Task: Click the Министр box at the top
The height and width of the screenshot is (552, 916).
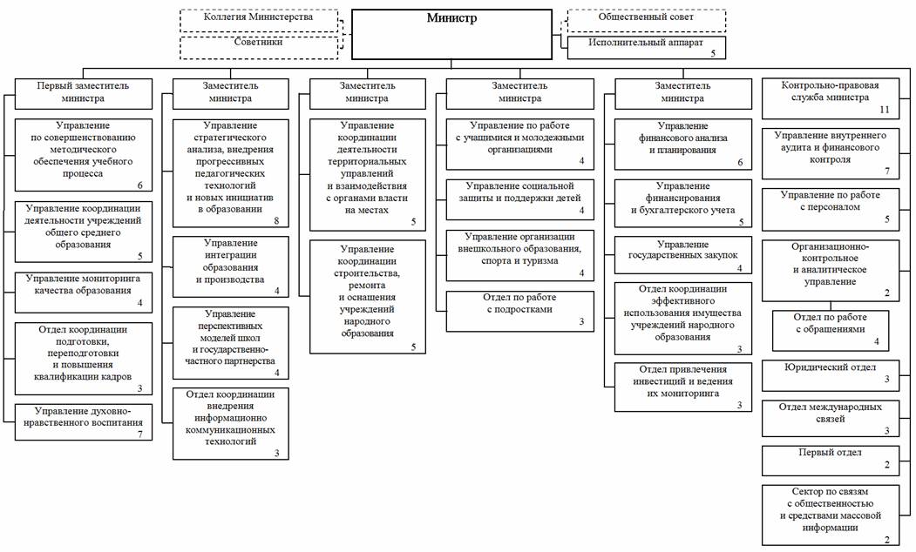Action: pos(451,34)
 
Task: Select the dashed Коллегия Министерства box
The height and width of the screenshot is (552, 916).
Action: pos(259,20)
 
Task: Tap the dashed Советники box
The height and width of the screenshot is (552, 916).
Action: pos(259,48)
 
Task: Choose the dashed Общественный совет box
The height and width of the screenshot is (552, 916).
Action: pos(646,20)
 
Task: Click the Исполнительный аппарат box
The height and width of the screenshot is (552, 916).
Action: pos(646,48)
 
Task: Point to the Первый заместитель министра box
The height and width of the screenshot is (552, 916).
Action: pos(83,93)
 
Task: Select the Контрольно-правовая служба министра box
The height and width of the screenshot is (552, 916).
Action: pos(830,98)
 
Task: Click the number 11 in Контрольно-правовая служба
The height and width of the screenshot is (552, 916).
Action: pos(885,110)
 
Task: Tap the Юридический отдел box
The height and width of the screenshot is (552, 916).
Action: pos(830,375)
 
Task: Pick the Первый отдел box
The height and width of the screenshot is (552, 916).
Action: pos(830,461)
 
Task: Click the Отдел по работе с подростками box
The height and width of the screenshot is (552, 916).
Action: pos(520,311)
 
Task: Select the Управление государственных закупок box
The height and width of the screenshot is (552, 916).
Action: pos(683,255)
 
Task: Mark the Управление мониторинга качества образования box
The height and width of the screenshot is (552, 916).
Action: pos(83,293)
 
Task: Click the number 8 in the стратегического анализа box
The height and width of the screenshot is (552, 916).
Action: pos(276,221)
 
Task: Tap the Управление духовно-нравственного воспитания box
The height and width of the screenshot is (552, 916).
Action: pos(83,422)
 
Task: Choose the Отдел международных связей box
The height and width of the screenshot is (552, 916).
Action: pos(830,419)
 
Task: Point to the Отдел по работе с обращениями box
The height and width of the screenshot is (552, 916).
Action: pos(830,330)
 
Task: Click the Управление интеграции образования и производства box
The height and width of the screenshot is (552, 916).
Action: pos(230,266)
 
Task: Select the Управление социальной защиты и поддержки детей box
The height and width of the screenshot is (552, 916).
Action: pos(520,199)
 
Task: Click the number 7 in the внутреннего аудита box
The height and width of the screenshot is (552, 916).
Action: pos(886,171)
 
